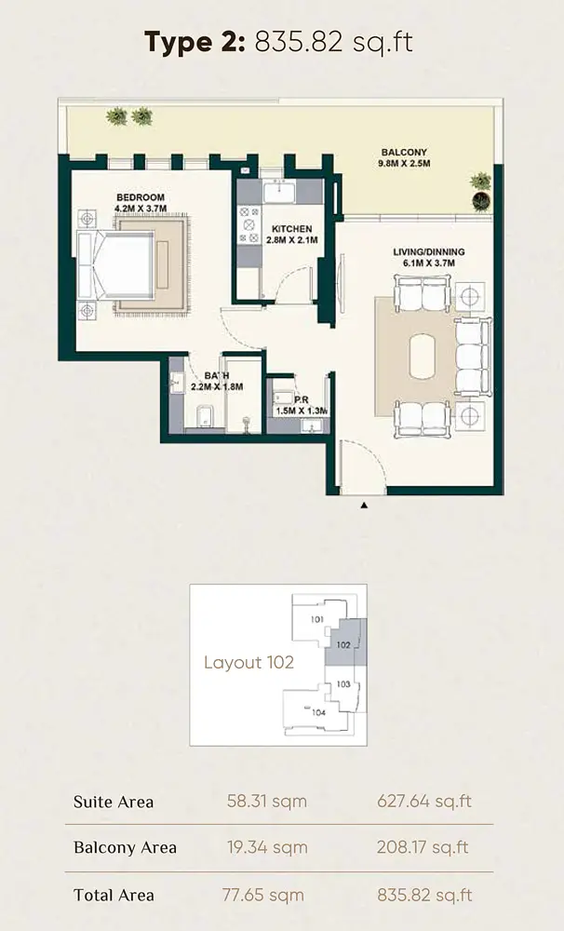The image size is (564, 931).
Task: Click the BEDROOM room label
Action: point(141,197)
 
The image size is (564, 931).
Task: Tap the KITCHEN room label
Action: point(291,229)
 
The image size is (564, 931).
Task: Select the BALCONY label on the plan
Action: point(404,153)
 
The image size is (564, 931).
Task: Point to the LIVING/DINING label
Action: point(429,251)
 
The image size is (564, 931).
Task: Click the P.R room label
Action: point(301,399)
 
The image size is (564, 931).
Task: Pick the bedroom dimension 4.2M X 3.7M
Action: point(141,209)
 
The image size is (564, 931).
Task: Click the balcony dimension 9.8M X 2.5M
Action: point(404,163)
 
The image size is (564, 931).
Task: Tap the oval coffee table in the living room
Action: point(423,356)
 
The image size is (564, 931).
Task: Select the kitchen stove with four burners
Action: point(249,224)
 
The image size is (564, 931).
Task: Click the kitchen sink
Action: point(279,193)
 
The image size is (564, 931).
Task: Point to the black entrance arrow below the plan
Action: point(364,506)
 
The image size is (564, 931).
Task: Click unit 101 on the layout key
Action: point(317,619)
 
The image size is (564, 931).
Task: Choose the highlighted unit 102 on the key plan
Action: point(345,643)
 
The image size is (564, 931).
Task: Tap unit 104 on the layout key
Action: point(319,712)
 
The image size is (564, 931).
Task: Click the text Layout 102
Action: point(248,662)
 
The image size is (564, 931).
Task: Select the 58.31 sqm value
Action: point(266,801)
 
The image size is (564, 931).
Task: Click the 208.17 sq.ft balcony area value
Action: point(423,846)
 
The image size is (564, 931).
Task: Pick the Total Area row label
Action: point(114,895)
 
